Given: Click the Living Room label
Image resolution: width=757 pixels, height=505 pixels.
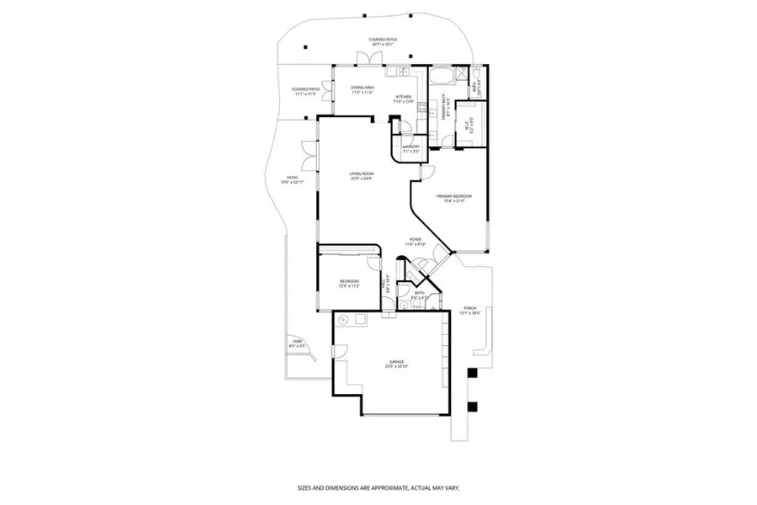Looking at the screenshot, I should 362,176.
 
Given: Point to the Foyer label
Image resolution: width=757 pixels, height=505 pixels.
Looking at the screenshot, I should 417,242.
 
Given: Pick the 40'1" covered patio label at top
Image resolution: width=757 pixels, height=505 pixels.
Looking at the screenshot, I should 382,41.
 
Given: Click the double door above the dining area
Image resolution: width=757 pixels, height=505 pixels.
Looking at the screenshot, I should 367,59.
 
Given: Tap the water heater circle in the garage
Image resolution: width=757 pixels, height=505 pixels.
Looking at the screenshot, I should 344,321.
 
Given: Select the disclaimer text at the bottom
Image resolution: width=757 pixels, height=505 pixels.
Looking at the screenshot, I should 378,487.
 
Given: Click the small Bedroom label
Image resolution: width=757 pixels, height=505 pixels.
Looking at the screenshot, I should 349,283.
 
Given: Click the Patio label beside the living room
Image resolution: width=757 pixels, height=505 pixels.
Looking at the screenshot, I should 293,179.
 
